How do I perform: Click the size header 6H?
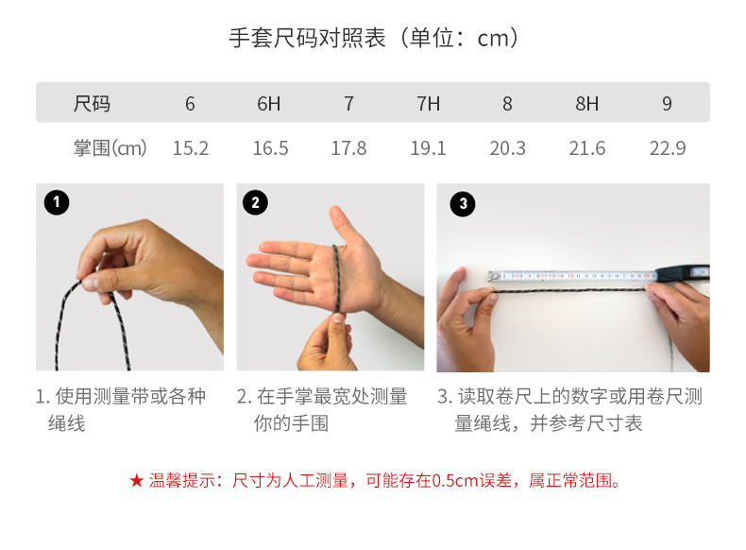point(269,103)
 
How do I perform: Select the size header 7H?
point(428,103)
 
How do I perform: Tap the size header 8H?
point(587,103)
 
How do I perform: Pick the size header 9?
point(667,103)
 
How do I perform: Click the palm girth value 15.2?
point(191,148)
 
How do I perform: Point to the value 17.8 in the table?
point(348,148)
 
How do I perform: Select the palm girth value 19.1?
point(428,148)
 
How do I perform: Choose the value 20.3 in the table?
point(508,148)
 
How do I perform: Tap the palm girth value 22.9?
point(668,148)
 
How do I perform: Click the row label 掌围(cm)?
point(110,148)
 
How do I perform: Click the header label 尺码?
point(92,103)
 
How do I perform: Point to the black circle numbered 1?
point(57,202)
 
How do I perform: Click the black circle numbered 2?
point(255,202)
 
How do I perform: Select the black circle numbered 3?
point(463,204)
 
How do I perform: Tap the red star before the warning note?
point(137,480)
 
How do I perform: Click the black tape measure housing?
point(683,273)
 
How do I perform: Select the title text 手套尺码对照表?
point(307,38)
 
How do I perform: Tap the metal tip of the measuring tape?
point(494,277)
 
